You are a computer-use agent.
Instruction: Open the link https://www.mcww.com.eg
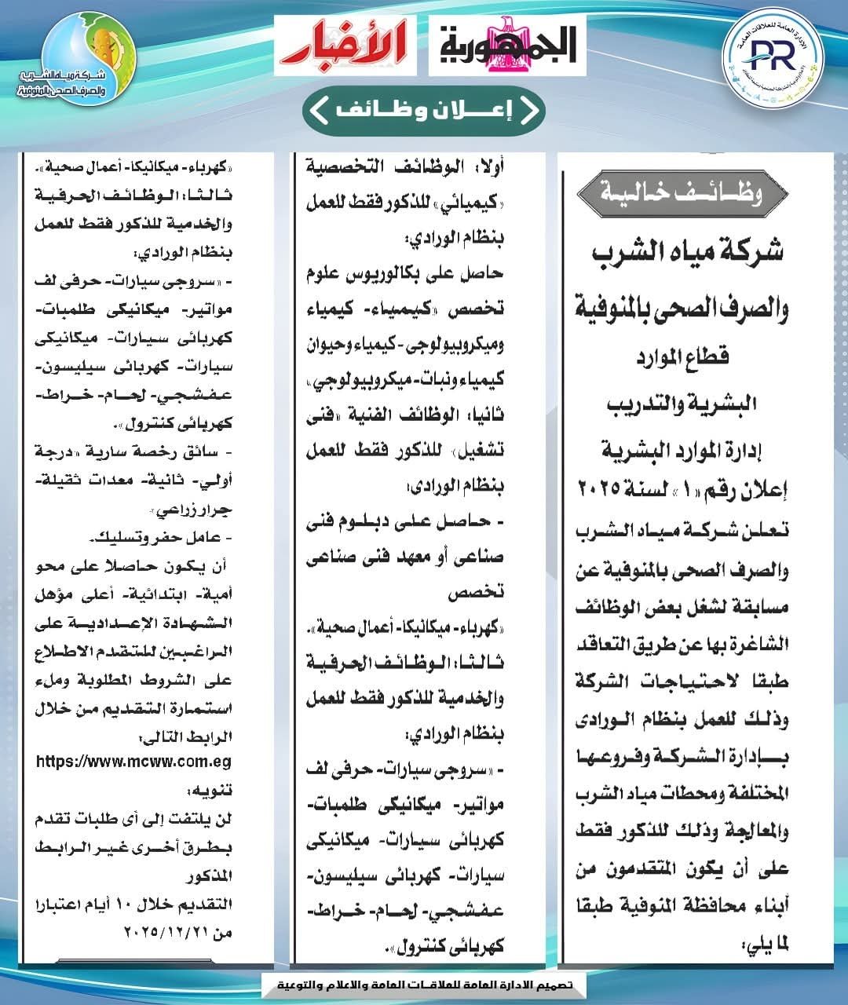click(x=134, y=761)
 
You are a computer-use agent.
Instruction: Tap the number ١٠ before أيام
click(x=130, y=904)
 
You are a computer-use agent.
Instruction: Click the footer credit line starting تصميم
click(x=424, y=984)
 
